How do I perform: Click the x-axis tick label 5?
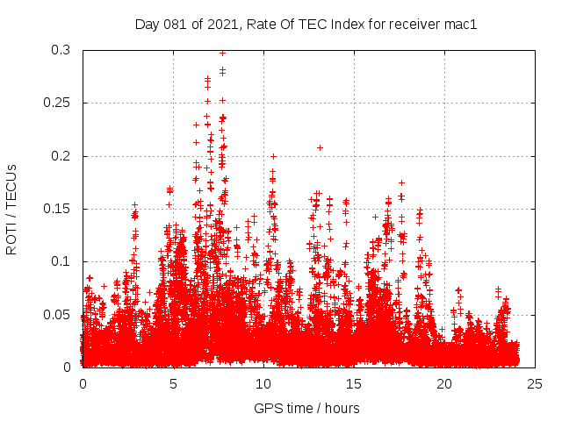173,383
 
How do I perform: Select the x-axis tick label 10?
263,383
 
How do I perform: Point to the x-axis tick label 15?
354,383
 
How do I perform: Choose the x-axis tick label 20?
444,383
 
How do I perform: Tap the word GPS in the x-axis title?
267,408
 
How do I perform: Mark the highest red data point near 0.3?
222,53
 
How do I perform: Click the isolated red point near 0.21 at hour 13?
320,147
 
